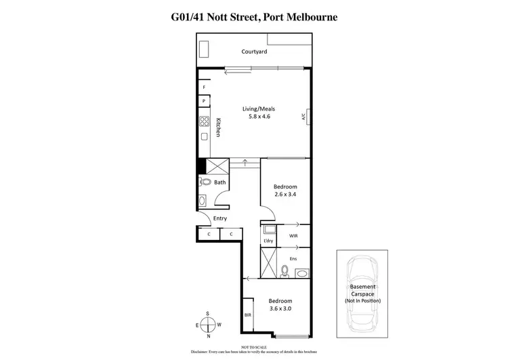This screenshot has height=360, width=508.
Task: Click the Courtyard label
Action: coord(254,52)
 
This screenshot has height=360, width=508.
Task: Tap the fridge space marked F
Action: coord(203,87)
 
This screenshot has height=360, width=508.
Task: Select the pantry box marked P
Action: coord(203,102)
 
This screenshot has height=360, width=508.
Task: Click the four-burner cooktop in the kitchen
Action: coord(203,122)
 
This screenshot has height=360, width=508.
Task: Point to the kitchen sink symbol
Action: coord(203,138)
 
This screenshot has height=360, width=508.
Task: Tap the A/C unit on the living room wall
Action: coord(304,117)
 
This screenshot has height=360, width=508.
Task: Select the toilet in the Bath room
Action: coord(205,182)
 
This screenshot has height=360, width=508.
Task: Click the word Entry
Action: coord(220,218)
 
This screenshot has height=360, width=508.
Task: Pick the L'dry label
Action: coord(268,241)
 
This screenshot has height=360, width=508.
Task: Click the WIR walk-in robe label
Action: coord(293,236)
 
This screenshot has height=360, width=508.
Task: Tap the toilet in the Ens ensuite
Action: coord(284,271)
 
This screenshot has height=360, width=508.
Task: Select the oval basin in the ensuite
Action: coord(301,273)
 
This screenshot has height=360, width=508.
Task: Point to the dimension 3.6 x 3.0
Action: coord(280,309)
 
